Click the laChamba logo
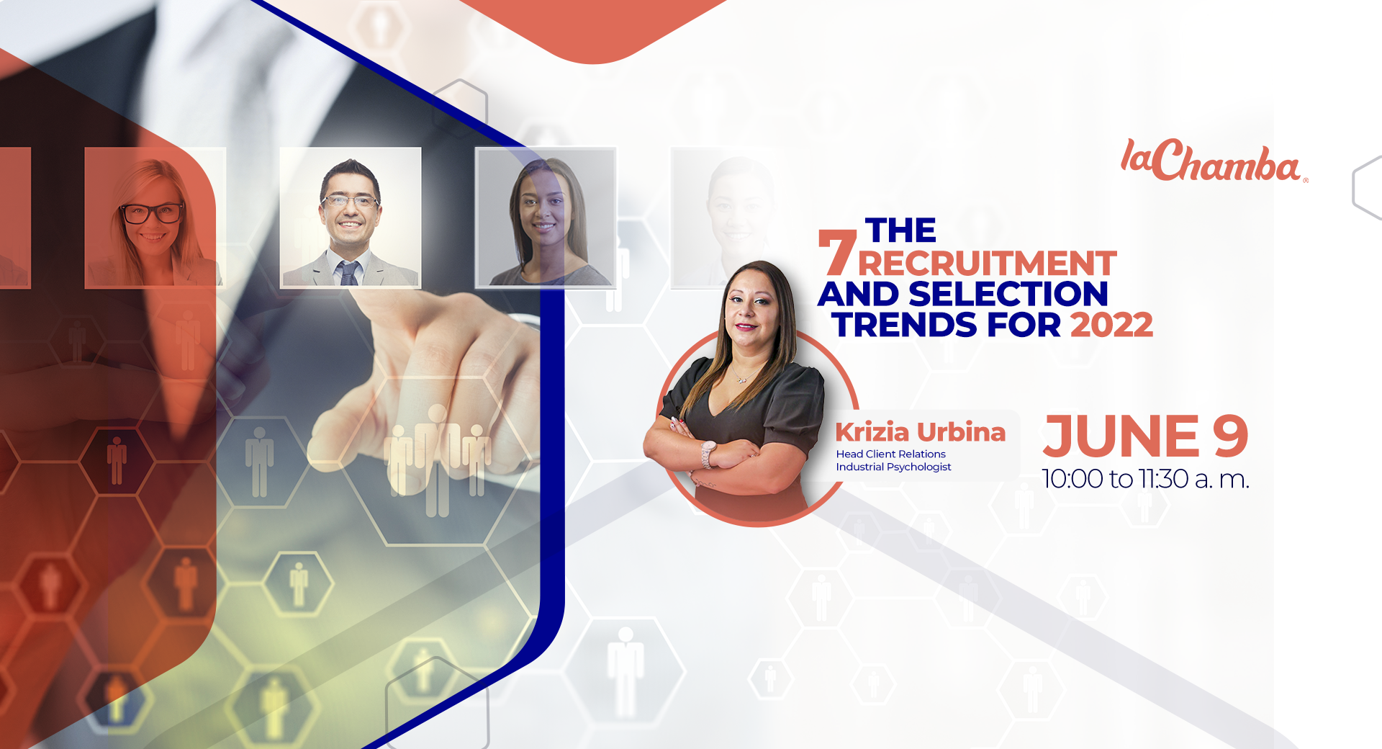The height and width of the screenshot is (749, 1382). [1214, 161]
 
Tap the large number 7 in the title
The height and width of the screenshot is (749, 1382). [837, 253]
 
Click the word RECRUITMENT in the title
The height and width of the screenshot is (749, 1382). [987, 264]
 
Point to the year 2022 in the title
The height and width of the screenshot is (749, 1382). [1112, 324]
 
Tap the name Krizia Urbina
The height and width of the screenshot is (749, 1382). [920, 432]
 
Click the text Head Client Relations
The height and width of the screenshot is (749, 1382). [890, 454]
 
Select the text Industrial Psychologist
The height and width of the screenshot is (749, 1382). [893, 467]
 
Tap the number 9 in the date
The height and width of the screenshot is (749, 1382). [1230, 436]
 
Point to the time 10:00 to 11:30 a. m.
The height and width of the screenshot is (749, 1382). [1145, 478]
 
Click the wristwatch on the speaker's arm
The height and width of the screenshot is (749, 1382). [708, 453]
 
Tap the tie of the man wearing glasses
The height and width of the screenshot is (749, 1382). [349, 272]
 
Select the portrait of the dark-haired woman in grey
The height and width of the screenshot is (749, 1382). [545, 218]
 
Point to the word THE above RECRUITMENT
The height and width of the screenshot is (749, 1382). [900, 231]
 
